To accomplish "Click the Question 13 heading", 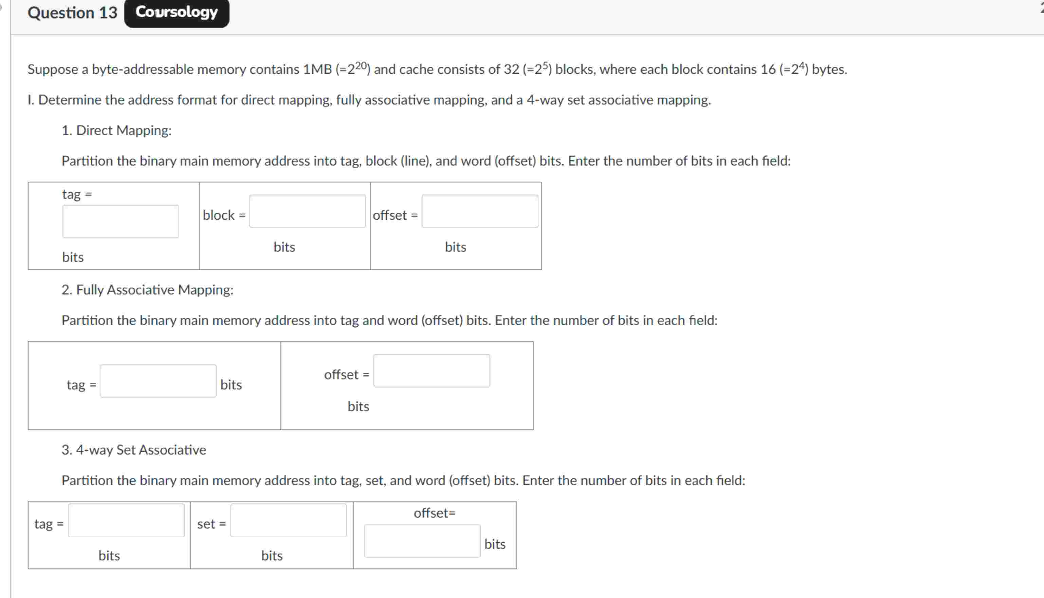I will coord(72,13).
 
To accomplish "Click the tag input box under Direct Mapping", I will coord(121,221).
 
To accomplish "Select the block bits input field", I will coord(307,211).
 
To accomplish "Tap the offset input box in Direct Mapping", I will coord(480,211).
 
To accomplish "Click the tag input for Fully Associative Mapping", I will coord(158,381).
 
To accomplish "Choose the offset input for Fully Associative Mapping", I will coord(432,370).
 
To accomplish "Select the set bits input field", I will coord(288,520).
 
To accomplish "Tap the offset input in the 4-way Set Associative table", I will coord(422,540).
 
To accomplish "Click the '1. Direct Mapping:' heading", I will coord(116,130).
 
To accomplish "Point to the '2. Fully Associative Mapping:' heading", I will coord(147,290).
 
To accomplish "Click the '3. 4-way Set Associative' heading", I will coord(133,450).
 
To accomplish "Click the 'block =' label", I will coord(224,215).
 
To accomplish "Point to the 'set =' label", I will coord(211,524).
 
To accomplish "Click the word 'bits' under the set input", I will coord(272,555).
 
